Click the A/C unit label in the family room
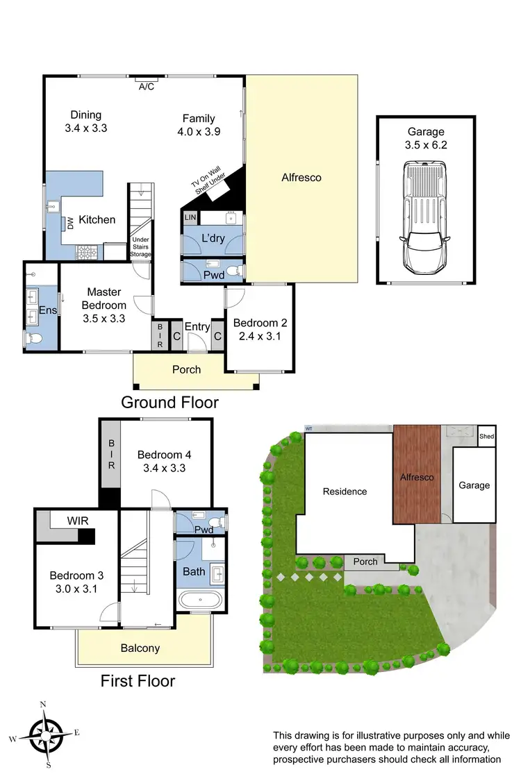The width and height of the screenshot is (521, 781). point(147,87)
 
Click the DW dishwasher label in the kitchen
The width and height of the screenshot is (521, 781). point(70,223)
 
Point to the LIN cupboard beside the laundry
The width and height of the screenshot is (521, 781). point(190,217)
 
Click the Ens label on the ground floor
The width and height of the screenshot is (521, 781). point(47,310)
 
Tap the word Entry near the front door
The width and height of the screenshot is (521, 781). point(197,326)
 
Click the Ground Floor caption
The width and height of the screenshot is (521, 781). point(169,402)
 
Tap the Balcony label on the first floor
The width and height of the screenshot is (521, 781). point(140,648)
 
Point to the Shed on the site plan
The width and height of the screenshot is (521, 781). point(486,437)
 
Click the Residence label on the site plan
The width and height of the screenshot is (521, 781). point(345,492)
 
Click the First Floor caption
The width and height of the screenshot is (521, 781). point(138,681)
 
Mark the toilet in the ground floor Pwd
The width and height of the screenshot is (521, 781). point(236,270)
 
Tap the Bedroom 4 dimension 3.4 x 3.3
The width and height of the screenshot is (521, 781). point(164,468)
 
